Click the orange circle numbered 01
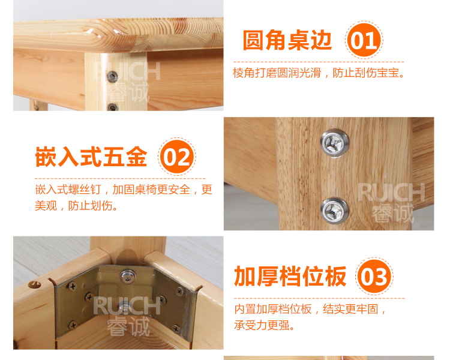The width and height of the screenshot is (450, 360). (364, 40)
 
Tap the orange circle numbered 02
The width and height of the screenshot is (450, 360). (177, 157)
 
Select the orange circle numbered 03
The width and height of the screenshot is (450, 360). (374, 276)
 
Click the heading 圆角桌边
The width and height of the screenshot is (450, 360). (287, 40)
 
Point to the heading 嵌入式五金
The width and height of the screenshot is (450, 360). (91, 157)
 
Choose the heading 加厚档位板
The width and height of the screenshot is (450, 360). (290, 276)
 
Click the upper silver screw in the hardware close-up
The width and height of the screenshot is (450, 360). (335, 143)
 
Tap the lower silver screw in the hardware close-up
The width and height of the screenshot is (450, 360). (334, 211)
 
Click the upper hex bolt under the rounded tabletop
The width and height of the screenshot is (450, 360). (112, 77)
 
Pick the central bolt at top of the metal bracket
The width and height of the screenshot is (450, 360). (128, 276)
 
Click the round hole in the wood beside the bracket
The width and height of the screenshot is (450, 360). (34, 285)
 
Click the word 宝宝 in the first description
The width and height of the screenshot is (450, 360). (388, 73)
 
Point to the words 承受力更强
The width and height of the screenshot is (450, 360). (262, 325)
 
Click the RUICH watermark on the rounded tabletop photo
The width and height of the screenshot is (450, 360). (127, 71)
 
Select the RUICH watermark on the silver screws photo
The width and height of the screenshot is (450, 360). (391, 192)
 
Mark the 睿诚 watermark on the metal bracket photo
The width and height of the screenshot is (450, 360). (128, 326)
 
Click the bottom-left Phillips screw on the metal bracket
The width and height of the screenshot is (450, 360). (73, 325)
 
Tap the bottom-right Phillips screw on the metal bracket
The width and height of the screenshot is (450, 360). (176, 328)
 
